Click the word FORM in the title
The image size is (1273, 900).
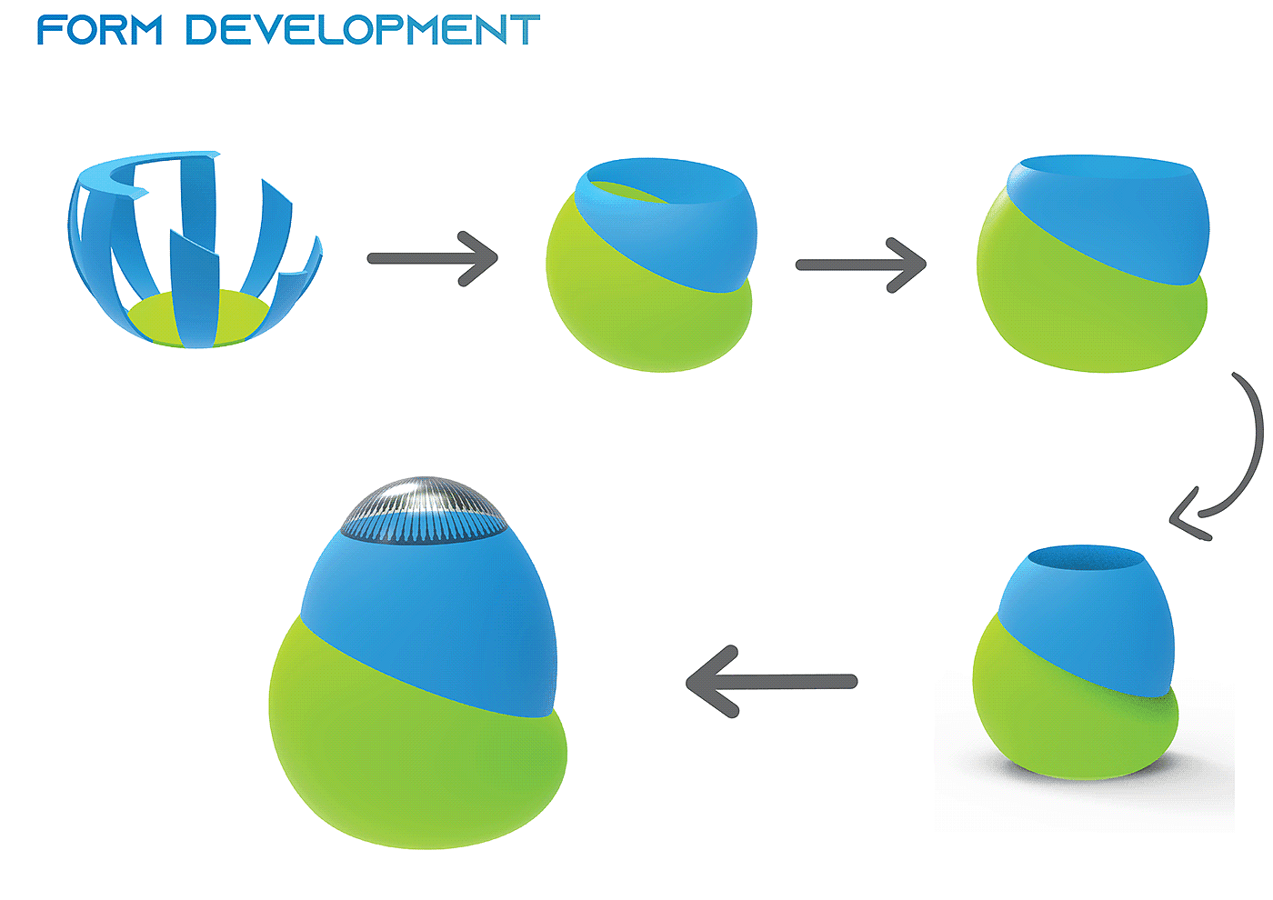click(100, 30)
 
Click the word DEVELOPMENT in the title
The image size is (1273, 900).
click(363, 30)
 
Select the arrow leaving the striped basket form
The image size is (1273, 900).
click(433, 259)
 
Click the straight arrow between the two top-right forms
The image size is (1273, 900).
click(860, 265)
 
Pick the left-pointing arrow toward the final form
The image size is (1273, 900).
click(771, 682)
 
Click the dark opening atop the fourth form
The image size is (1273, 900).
click(1082, 557)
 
